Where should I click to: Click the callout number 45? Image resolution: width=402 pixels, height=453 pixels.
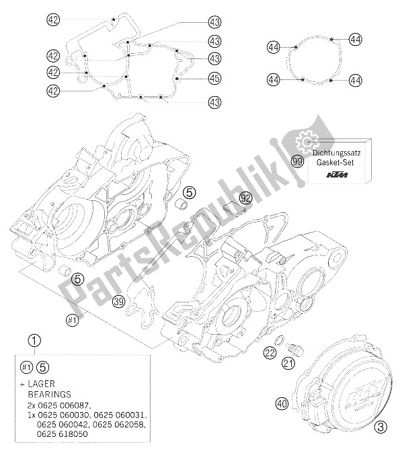pos(214,79)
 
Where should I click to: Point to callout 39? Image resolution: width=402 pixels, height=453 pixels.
pos(118,300)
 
